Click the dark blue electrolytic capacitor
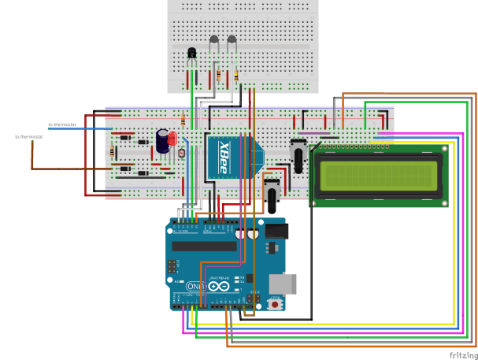pos(162,142)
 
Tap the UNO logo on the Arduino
pos(195,286)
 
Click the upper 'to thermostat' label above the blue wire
pos(62,124)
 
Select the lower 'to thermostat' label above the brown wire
pos(28,137)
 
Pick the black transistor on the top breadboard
pos(191,54)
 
